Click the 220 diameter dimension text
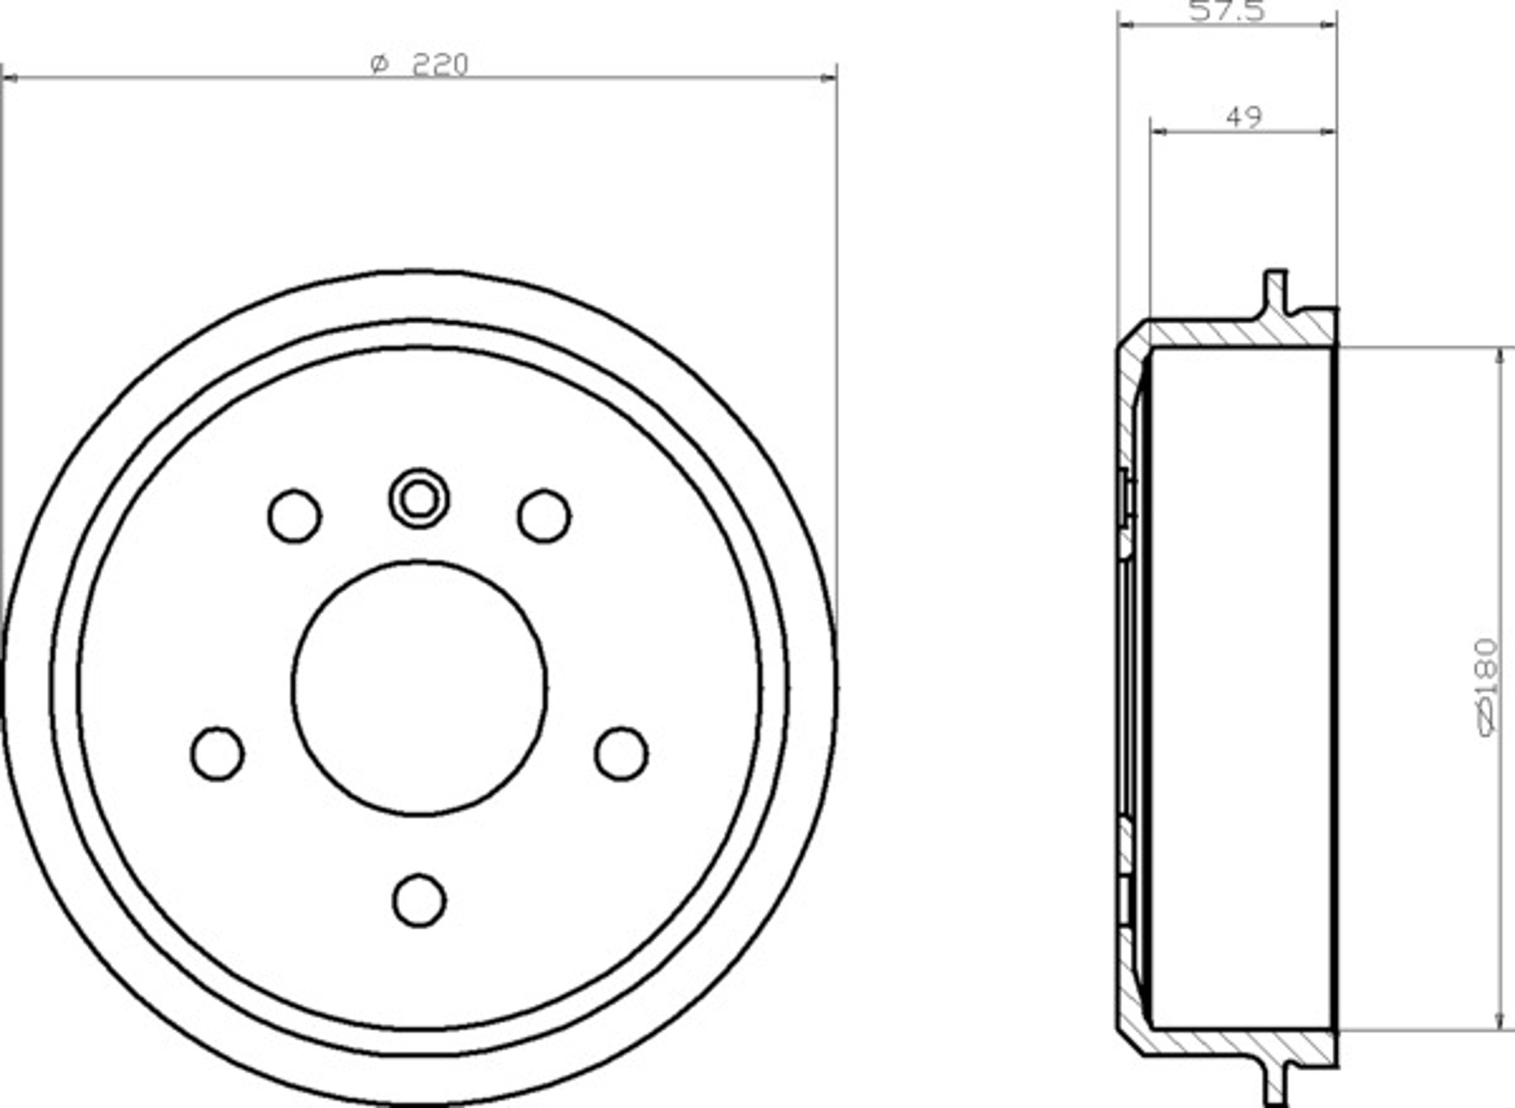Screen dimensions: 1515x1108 tap(419, 64)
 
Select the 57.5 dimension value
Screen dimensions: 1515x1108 tap(1227, 11)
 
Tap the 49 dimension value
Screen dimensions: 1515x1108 tap(1244, 117)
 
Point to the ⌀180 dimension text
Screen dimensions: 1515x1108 tap(1488, 688)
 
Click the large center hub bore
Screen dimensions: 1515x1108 tap(419, 688)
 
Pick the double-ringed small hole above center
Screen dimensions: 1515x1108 tap(419, 498)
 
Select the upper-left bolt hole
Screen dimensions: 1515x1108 tap(295, 516)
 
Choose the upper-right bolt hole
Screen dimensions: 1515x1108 tap(544, 516)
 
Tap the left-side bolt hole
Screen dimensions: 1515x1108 tap(217, 754)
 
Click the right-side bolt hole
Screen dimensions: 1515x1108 tap(621, 754)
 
